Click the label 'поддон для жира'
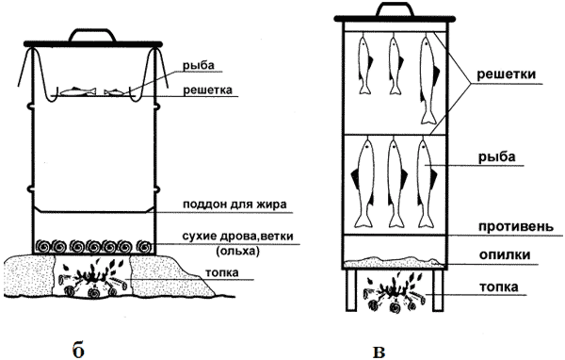click(x=234, y=205)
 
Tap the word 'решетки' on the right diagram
click(x=507, y=74)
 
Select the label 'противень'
click(x=516, y=226)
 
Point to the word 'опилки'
click(x=505, y=255)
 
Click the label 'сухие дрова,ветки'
click(x=237, y=237)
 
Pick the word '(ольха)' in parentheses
click(x=237, y=251)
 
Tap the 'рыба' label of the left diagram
click(x=198, y=66)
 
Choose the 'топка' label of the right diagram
click(x=499, y=287)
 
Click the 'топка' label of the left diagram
click(x=222, y=272)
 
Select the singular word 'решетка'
click(x=207, y=90)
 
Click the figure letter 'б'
click(x=78, y=350)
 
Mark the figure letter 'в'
click(x=379, y=352)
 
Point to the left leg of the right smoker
click(x=351, y=290)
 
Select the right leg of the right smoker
click(x=438, y=290)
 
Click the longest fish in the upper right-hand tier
click(x=428, y=78)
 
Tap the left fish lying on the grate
click(x=78, y=91)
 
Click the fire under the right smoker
click(x=394, y=293)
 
